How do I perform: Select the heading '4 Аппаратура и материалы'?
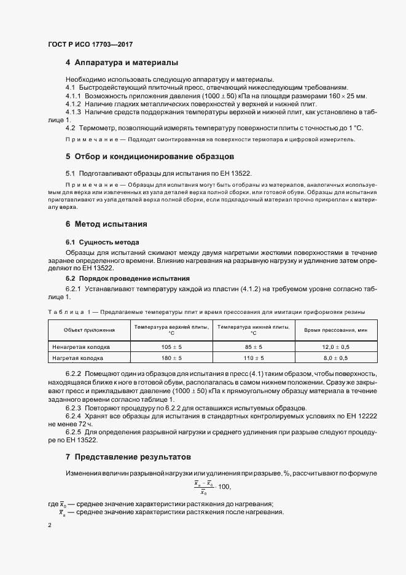(x=122, y=63)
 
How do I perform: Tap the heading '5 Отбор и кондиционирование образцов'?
(x=149, y=157)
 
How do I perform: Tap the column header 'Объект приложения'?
(x=85, y=331)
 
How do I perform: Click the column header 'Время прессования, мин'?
(x=335, y=331)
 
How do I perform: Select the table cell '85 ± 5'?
(x=253, y=346)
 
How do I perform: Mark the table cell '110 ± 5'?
(x=253, y=358)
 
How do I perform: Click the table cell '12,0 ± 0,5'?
(x=335, y=346)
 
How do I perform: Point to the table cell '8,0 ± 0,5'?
(x=335, y=358)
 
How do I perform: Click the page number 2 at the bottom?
(x=50, y=526)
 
